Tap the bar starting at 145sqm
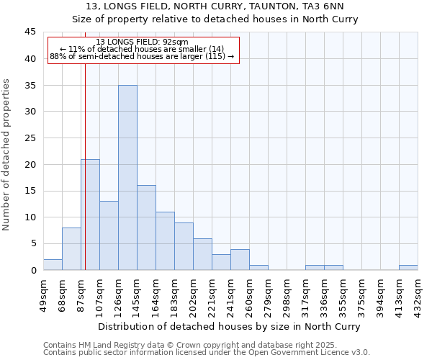pos(146,228)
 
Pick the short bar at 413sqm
pos(408,267)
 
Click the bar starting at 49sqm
pos(53,264)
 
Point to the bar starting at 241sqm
pos(240,259)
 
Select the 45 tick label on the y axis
pos(31,32)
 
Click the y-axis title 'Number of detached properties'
pos(7,155)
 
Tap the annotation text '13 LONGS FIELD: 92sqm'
pos(143,42)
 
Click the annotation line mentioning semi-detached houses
pos(143,56)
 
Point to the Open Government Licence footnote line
pos(207,353)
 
